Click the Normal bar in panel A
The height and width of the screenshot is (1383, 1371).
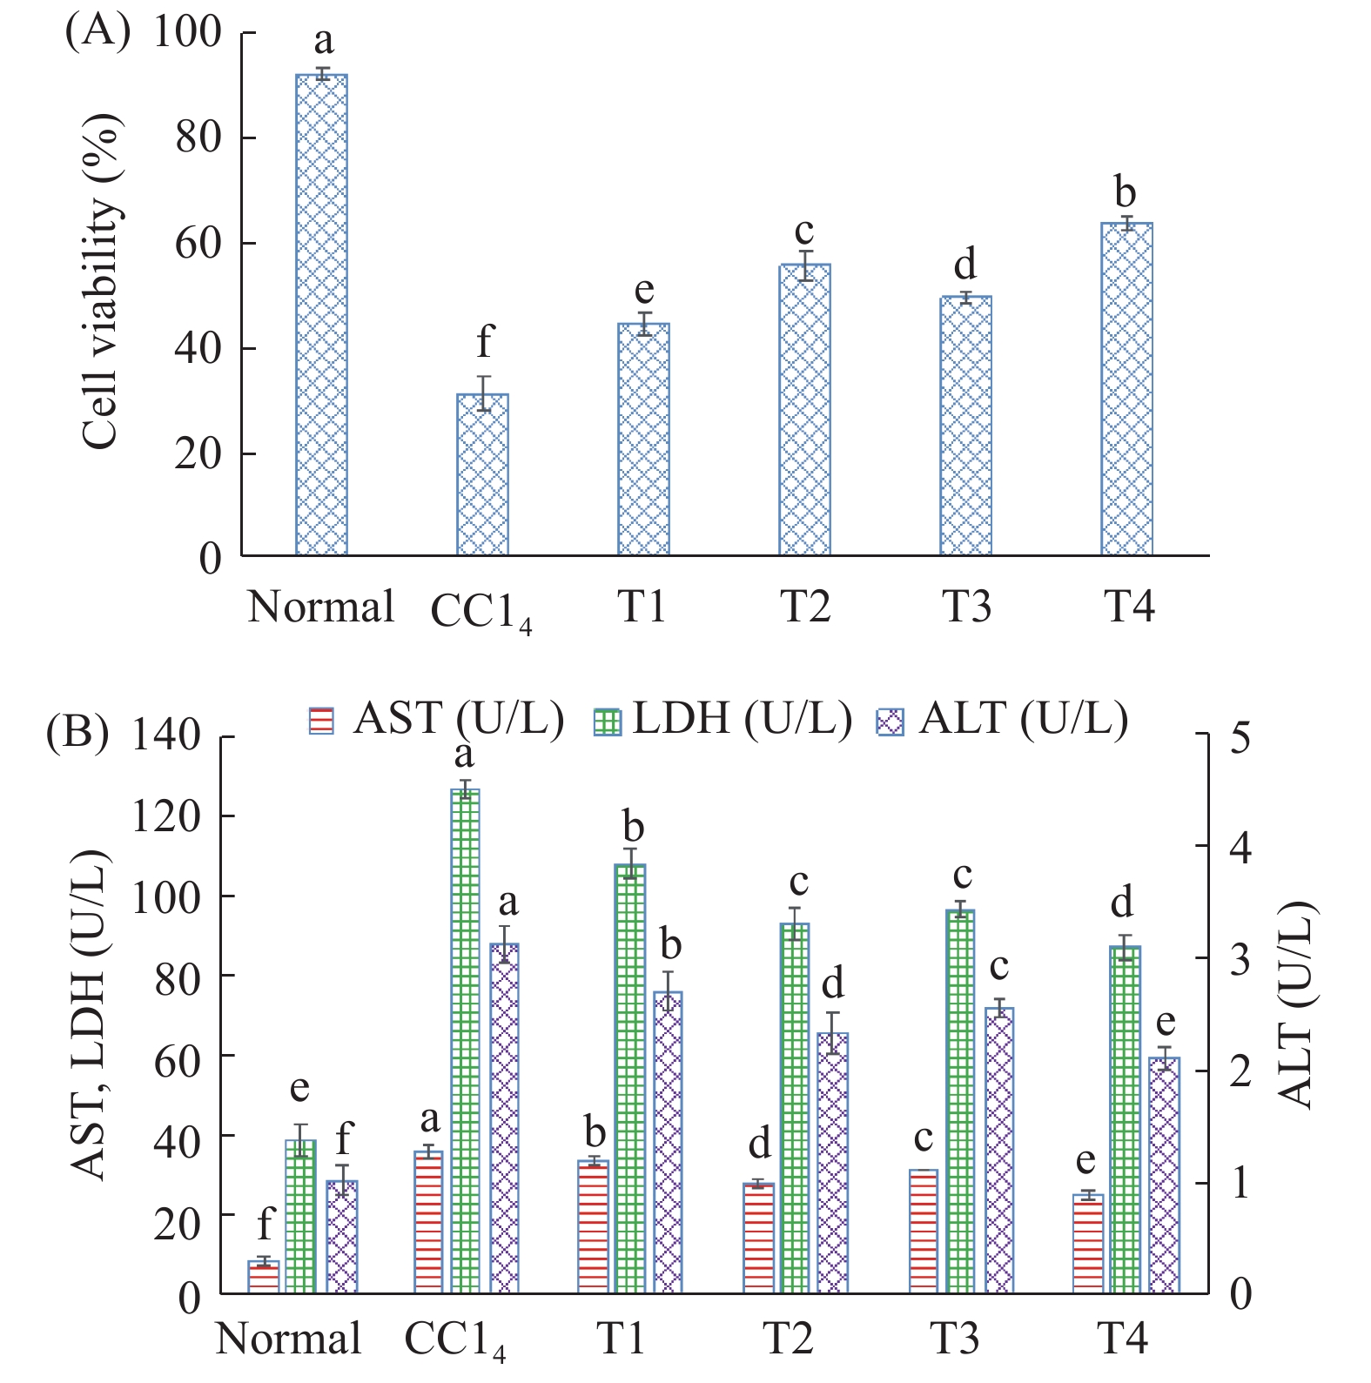pos(321,315)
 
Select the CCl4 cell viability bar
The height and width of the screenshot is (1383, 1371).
pos(482,474)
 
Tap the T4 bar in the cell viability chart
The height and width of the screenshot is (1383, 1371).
pos(1126,389)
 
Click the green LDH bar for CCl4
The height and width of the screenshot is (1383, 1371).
pos(465,1041)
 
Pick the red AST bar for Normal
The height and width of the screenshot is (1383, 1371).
pos(264,1277)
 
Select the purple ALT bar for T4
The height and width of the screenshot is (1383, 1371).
pos(1164,1175)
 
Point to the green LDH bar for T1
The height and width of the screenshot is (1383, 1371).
pos(630,1078)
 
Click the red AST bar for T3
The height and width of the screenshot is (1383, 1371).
pos(924,1232)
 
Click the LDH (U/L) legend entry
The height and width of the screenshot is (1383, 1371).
pos(722,720)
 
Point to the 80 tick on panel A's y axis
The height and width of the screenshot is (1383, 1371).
pos(198,137)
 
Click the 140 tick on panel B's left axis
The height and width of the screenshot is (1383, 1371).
pos(165,735)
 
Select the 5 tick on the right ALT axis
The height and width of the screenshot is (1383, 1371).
pos(1240,737)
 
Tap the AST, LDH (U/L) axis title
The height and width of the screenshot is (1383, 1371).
pos(91,1014)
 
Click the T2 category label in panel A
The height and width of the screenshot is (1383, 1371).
pos(804,607)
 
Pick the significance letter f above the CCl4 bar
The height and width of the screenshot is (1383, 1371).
pos(484,341)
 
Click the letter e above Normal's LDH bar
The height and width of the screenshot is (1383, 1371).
pos(299,1088)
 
